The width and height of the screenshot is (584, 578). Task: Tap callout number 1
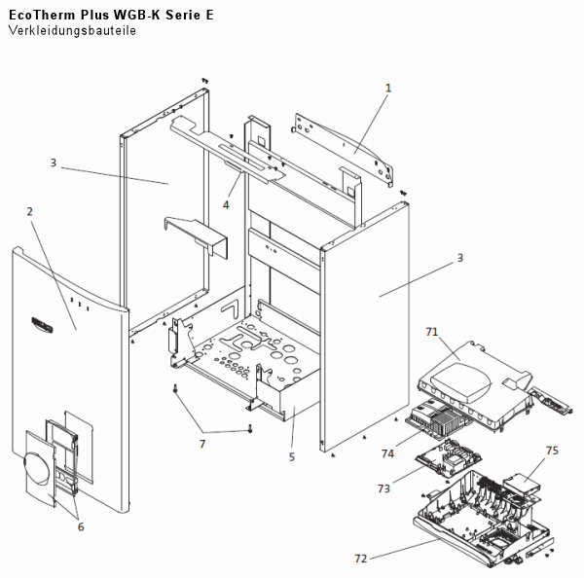click(388, 88)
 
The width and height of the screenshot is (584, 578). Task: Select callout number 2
click(29, 211)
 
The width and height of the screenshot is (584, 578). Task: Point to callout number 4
click(226, 204)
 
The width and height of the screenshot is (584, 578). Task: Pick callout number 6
click(81, 526)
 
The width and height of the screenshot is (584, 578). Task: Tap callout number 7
click(202, 444)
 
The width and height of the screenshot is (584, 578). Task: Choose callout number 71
click(431, 332)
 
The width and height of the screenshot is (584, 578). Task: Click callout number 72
click(362, 559)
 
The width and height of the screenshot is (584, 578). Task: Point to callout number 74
click(386, 453)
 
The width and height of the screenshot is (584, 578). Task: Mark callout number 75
click(552, 452)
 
